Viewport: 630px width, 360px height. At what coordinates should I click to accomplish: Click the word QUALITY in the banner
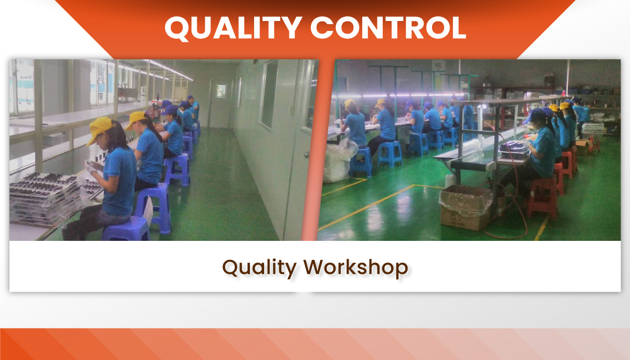[234, 27]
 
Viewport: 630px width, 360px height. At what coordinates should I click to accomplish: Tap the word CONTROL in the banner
[388, 27]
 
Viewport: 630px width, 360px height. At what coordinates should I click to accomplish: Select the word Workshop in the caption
[356, 268]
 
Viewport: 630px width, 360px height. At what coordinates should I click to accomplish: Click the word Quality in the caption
[259, 268]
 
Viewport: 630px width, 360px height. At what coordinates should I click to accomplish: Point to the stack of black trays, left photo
[45, 198]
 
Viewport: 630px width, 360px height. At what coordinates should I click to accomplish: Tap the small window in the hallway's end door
[222, 91]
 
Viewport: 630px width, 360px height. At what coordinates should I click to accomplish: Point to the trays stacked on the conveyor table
[514, 151]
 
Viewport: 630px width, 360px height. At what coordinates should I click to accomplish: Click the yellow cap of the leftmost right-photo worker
[349, 102]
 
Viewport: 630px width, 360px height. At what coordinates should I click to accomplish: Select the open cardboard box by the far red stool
[584, 147]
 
